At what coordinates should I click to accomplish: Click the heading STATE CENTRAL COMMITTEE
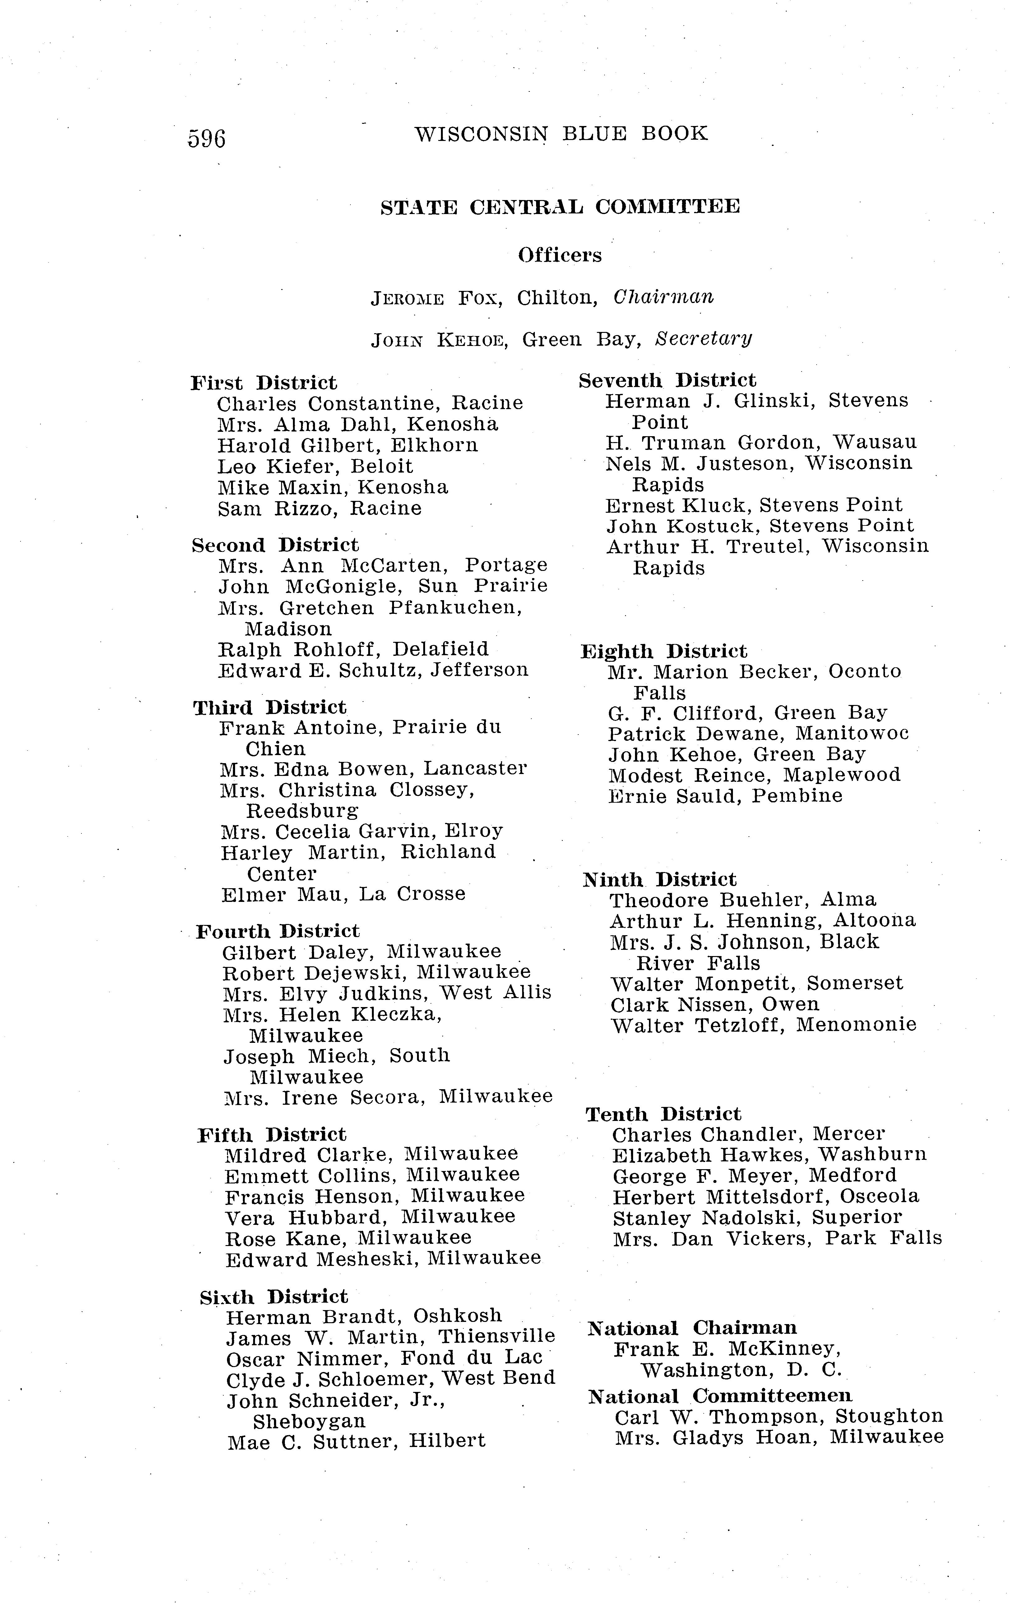click(x=560, y=207)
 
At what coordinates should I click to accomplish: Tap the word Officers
click(x=560, y=255)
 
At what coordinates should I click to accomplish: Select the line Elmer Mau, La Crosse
click(x=343, y=894)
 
